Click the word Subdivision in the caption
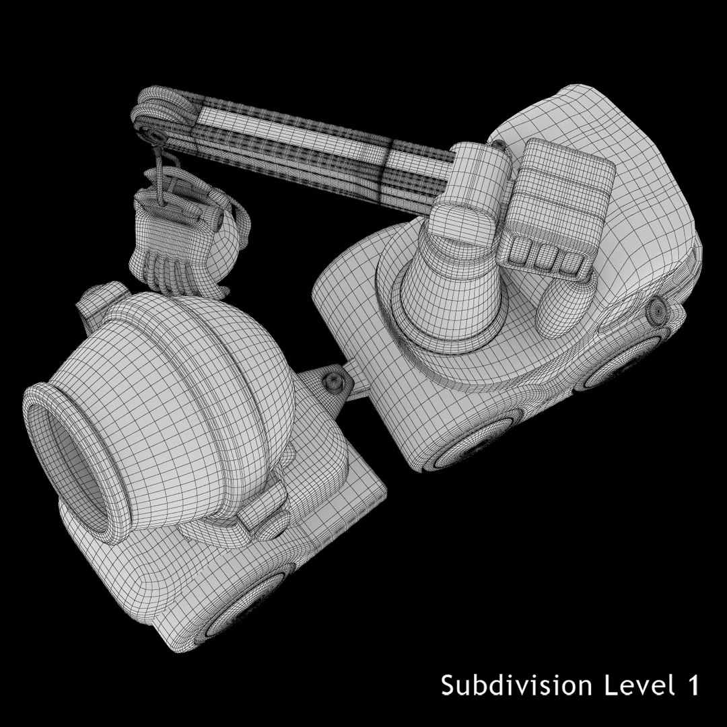click(x=516, y=686)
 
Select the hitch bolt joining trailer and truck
click(x=332, y=382)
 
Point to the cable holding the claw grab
click(x=160, y=168)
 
